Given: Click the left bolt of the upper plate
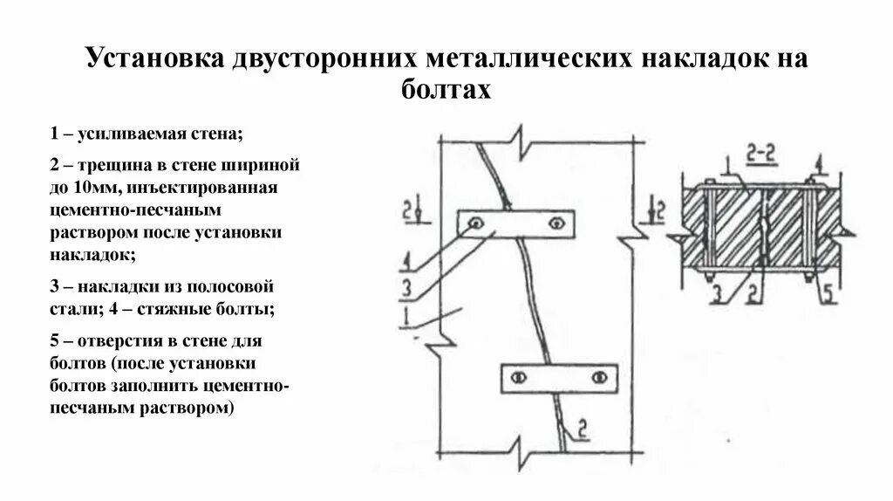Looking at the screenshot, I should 476,224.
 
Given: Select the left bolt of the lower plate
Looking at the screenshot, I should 518,377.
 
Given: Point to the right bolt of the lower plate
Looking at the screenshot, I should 598,377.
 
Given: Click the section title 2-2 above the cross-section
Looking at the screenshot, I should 761,154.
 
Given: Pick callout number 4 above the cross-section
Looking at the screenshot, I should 820,162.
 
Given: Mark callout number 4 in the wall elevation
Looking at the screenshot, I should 406,259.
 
